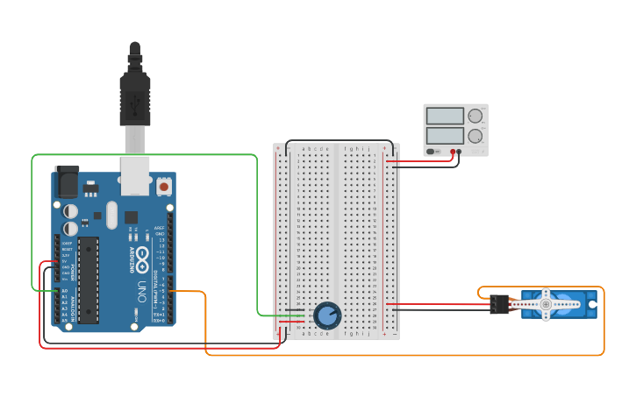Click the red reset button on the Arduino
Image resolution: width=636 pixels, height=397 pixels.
point(163,186)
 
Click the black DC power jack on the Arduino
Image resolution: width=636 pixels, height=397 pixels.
point(67,181)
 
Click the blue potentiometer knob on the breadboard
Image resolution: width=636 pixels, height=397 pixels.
point(326,315)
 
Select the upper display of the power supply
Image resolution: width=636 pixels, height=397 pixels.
point(445,116)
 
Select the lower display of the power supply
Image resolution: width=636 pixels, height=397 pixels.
point(445,136)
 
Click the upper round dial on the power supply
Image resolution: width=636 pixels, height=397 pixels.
point(475,116)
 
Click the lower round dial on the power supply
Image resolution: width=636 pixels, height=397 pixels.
point(475,136)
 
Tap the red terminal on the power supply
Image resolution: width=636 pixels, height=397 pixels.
point(454,152)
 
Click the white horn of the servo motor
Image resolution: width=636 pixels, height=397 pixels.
point(546,304)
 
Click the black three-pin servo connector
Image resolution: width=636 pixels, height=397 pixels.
point(499,304)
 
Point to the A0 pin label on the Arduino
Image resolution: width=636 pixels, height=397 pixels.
point(64,290)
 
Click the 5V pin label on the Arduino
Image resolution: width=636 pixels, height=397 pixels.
point(64,261)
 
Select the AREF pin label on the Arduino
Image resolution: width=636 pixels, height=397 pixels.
point(160,227)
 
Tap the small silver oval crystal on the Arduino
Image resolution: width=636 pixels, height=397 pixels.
point(111,215)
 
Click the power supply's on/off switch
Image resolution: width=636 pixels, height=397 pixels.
point(433,152)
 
